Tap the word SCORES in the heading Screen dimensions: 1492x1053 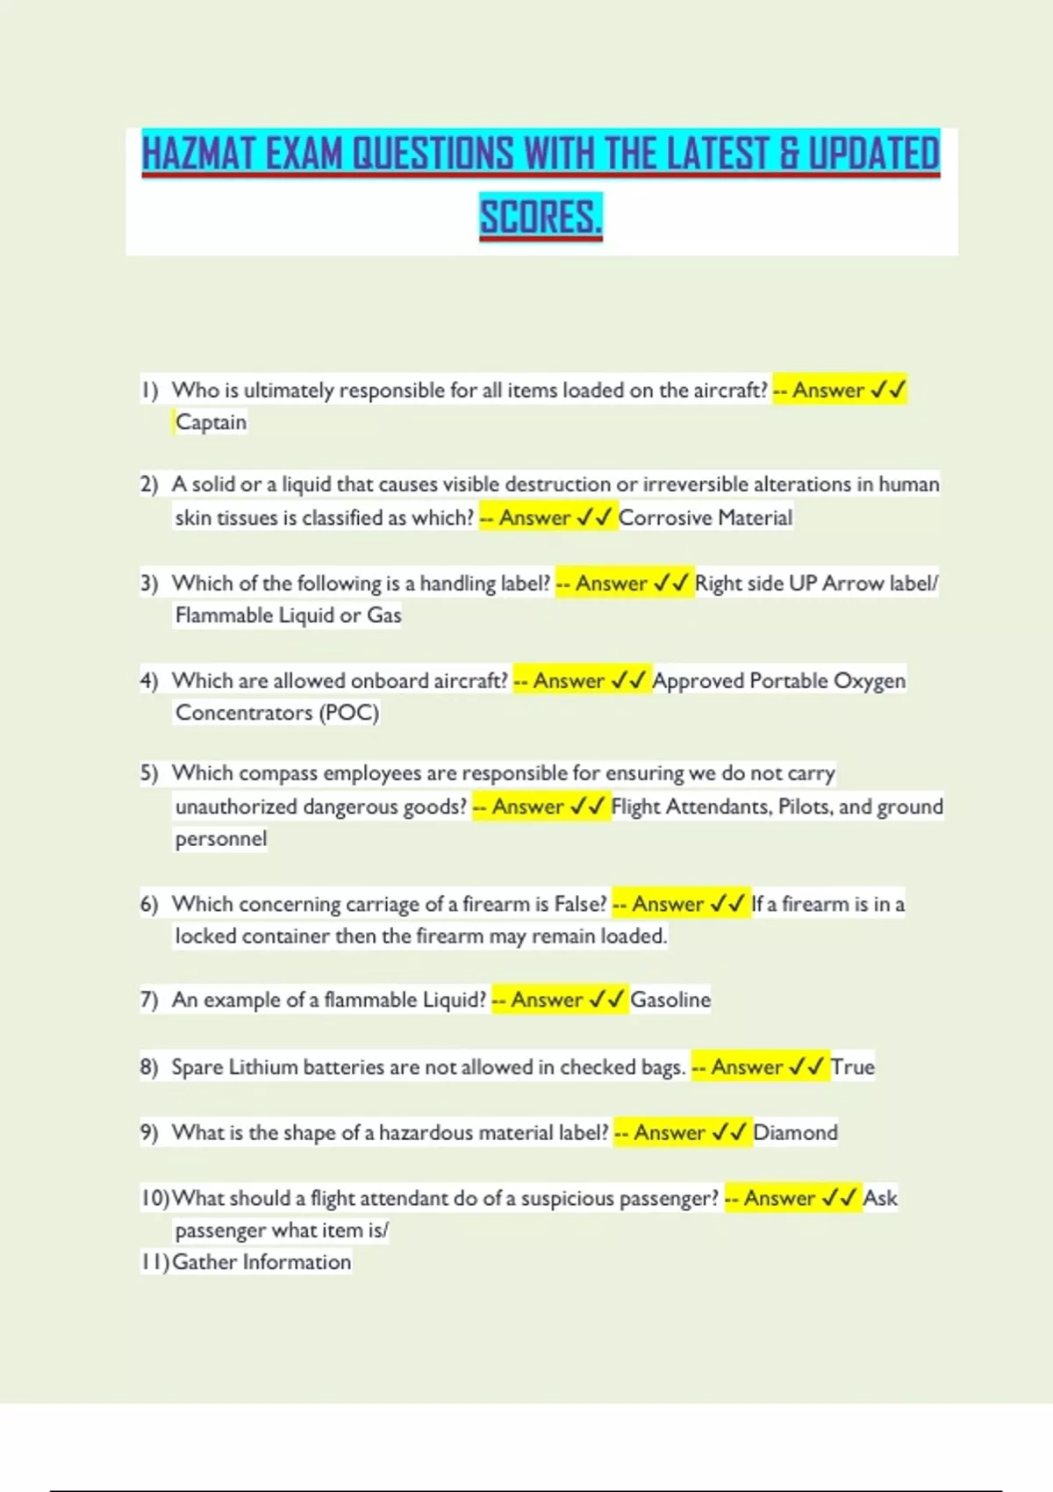540,217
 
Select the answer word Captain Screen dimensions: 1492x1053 211,422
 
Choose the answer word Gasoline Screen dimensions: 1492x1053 670,1000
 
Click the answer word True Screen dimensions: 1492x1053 853,1067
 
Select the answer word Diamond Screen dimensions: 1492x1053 795,1133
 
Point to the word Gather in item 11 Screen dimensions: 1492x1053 204,1262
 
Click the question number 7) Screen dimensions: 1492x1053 149,1000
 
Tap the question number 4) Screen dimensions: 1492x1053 149,681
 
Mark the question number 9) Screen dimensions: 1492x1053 149,1133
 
